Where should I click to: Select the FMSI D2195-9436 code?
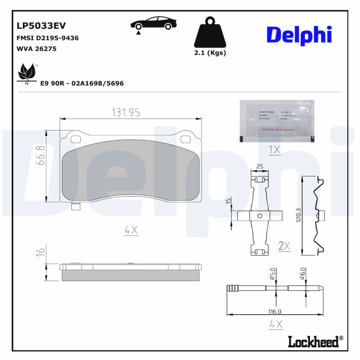47,38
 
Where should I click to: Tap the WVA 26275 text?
36,49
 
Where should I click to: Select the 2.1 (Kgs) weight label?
210,53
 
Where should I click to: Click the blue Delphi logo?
299,35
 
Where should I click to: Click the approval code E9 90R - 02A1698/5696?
82,84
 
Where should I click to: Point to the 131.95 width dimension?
126,113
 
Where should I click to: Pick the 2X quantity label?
284,246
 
